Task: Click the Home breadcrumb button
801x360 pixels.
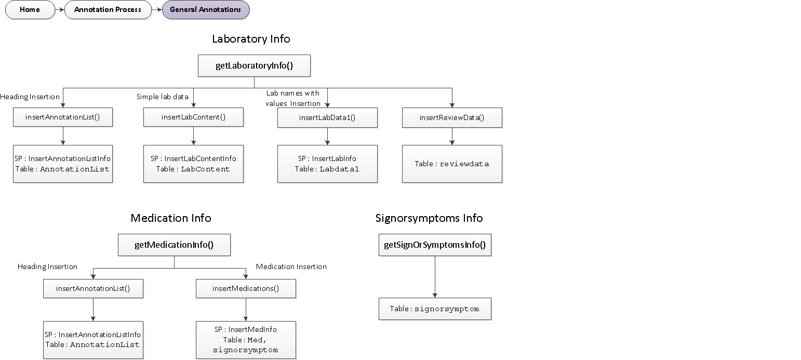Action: tap(30, 10)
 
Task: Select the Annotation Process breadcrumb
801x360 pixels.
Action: tap(108, 10)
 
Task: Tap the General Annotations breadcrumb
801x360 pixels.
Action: tap(205, 10)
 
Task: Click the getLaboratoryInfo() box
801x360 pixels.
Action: tap(254, 66)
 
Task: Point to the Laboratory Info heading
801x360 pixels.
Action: tap(251, 39)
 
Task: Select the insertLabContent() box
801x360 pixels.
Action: tap(193, 117)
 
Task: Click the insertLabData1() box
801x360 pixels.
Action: tap(327, 117)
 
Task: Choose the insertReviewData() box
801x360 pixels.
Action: tap(452, 117)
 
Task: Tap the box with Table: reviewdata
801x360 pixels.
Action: tap(452, 164)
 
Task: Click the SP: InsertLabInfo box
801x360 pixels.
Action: tap(327, 164)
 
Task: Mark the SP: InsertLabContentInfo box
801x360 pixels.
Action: tap(193, 164)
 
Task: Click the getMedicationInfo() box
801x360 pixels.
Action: tap(174, 245)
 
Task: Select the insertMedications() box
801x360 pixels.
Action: tap(246, 288)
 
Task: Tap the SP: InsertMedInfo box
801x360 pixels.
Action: tap(246, 340)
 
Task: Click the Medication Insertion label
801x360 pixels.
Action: tap(291, 266)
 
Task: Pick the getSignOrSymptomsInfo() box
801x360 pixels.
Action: tap(435, 245)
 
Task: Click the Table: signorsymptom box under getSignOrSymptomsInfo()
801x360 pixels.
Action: tap(435, 309)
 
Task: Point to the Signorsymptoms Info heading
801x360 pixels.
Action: tap(429, 218)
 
